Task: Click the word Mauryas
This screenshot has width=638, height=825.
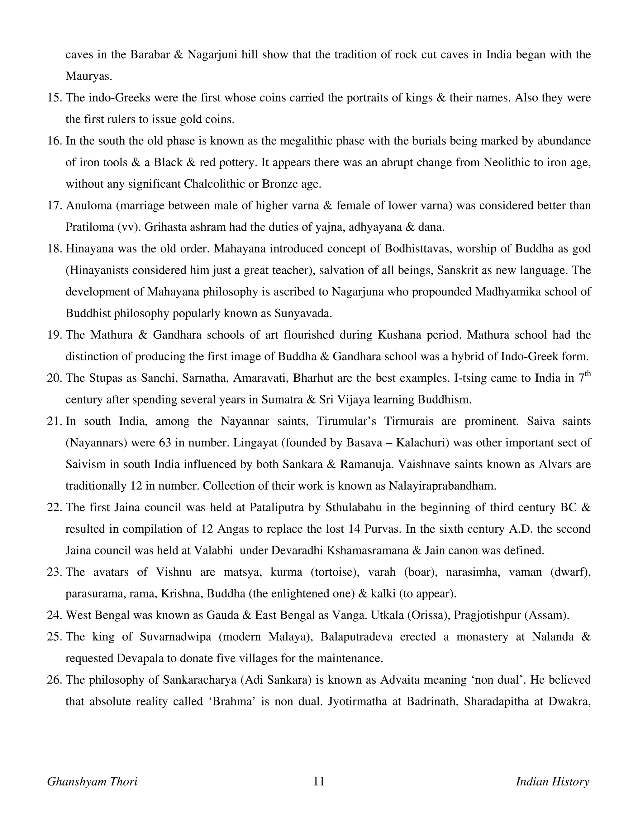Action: click(x=88, y=76)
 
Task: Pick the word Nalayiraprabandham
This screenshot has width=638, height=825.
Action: click(x=442, y=486)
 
